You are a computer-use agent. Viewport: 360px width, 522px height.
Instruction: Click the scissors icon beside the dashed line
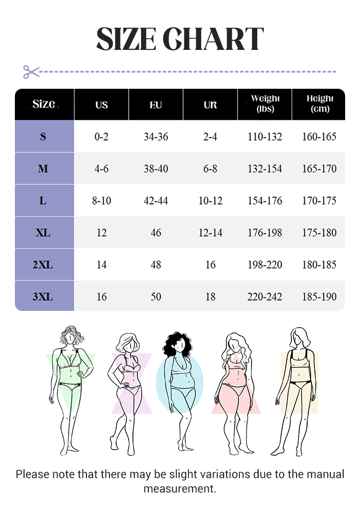31,72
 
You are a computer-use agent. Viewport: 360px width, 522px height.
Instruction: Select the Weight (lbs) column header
265,104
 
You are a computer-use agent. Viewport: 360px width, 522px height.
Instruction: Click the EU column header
156,105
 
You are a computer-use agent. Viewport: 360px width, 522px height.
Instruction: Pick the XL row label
43,233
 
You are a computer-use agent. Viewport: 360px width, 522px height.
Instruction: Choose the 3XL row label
43,297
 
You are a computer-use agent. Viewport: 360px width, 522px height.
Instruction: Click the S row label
43,137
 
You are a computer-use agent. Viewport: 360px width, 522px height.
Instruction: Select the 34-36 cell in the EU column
156,137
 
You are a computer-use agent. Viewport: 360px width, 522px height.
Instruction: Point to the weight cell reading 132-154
265,169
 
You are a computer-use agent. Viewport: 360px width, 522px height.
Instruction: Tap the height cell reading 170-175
319,201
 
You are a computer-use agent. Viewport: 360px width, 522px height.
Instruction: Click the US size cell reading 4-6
102,169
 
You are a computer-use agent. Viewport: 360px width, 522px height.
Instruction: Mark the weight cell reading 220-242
265,297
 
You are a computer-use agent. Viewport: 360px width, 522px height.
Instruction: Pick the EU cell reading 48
156,265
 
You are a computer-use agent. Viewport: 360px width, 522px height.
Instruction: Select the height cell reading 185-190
319,297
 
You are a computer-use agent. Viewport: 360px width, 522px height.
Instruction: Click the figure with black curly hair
181,389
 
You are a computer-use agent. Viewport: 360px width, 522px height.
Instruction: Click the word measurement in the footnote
180,489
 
